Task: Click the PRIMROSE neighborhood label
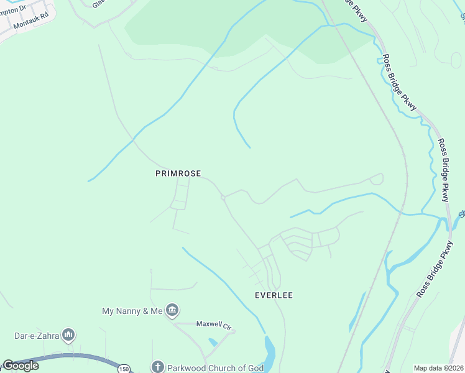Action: (178, 174)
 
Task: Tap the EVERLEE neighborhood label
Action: (274, 295)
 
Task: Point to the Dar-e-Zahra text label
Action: (37, 336)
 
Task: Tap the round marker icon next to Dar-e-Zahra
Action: (68, 336)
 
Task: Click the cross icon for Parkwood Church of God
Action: (157, 367)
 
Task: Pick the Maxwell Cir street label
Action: (213, 324)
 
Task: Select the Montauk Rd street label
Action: (30, 24)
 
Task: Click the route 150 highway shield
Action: (124, 368)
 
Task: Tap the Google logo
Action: (21, 366)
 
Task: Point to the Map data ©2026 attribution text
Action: (439, 368)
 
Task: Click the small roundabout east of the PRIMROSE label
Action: (223, 198)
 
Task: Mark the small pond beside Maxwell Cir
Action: (214, 342)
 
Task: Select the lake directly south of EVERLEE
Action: (269, 352)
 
